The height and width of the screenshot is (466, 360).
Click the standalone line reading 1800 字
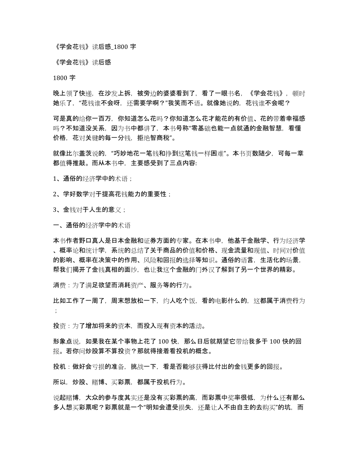point(64,77)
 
